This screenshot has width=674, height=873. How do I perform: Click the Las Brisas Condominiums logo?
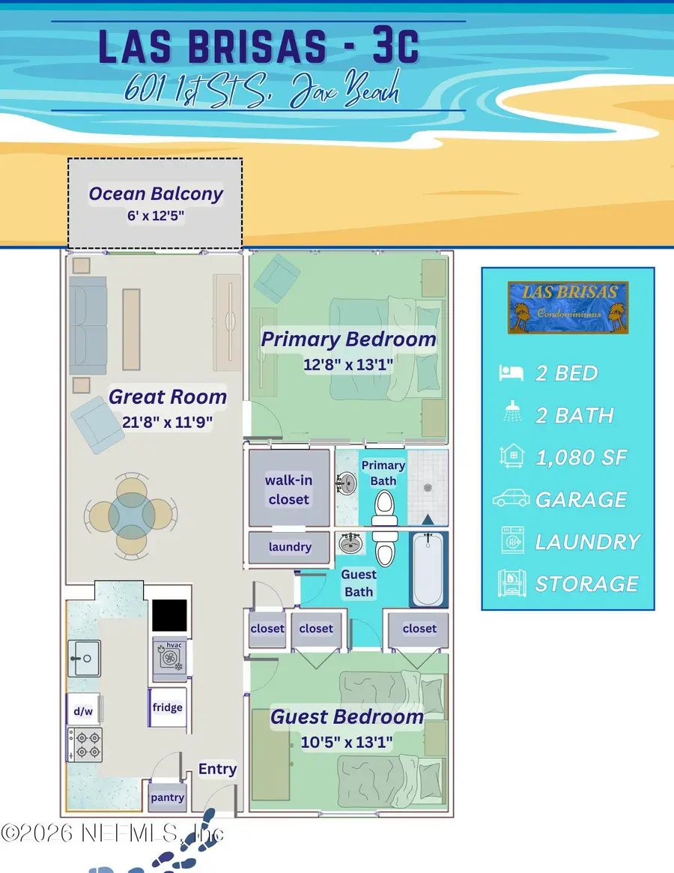568,307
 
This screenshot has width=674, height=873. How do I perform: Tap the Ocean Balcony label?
156,194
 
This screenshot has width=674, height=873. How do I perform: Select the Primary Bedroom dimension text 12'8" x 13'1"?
348,364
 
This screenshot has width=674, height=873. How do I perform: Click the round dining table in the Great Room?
132,514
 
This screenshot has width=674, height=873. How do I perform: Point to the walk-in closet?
288,488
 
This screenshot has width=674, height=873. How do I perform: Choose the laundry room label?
290,547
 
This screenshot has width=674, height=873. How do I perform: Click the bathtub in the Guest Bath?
428,570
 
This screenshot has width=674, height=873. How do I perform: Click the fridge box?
167,707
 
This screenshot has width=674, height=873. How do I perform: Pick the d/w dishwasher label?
82,710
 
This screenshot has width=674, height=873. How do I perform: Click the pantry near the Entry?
167,797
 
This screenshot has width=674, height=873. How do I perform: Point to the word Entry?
217,769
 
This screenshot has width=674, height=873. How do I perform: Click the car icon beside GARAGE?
511,499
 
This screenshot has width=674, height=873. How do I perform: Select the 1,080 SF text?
581,457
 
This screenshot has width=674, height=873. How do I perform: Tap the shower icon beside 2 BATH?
511,414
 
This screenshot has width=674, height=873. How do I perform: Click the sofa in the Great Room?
88,324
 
